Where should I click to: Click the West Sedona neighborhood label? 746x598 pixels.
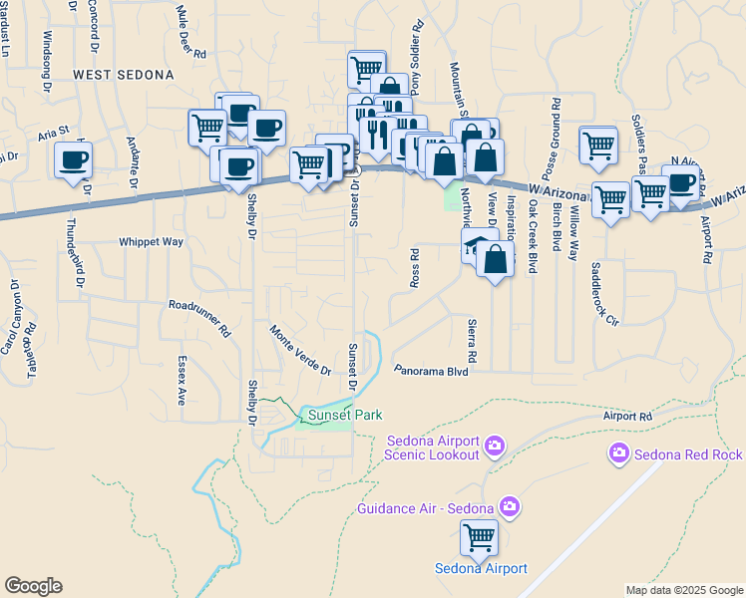point(123,75)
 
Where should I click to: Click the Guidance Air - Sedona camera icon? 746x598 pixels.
point(509,508)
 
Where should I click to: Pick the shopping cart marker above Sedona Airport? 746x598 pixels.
point(479,539)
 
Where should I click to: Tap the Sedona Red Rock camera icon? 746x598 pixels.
point(619,454)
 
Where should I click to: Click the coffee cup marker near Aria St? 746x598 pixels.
point(73,160)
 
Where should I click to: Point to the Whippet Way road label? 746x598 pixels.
point(151,241)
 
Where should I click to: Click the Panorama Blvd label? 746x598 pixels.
point(431,370)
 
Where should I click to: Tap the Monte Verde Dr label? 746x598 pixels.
point(299,350)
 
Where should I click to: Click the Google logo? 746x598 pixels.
point(33,585)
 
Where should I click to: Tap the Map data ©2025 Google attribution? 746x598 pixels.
point(683,590)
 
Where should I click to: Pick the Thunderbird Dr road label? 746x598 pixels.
point(72,257)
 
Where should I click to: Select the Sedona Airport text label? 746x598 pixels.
point(481,569)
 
